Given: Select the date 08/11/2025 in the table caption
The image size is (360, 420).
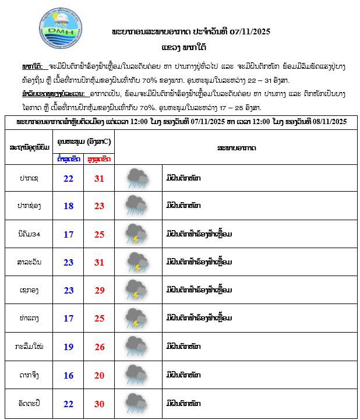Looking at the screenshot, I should coord(326,121).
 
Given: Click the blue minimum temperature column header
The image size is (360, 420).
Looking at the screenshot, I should coord(68,158).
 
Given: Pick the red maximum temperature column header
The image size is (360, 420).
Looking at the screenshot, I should coord(99,158).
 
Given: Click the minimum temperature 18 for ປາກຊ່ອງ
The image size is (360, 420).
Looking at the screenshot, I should coord(68,206).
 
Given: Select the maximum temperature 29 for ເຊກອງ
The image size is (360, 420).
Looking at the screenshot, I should coord(99,290).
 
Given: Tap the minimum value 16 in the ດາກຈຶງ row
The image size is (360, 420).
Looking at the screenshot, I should coord(68,375).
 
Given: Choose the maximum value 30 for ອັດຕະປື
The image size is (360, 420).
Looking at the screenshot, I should coord(99,404).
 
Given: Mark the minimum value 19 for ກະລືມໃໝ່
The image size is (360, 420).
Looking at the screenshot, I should coord(68,347).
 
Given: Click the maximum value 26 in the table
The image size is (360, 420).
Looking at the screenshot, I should coord(99,347).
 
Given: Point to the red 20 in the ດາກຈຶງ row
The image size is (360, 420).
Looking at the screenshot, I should coord(99,375).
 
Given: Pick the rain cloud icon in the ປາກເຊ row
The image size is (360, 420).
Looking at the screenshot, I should coord(137,178).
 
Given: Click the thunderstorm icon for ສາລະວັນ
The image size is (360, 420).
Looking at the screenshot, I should coord(137,262).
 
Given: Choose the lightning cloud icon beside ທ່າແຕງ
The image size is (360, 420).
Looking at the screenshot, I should coord(137,318).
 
